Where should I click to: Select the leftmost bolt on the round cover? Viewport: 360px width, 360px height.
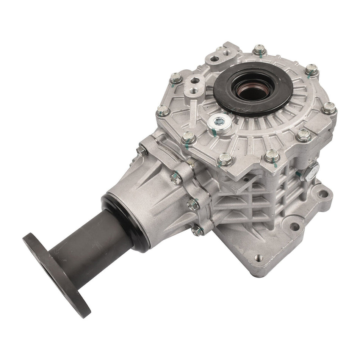(x=162, y=110)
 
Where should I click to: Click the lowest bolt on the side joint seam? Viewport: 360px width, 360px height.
(x=197, y=230)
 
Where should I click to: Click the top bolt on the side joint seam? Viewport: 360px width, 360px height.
(x=176, y=177)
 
